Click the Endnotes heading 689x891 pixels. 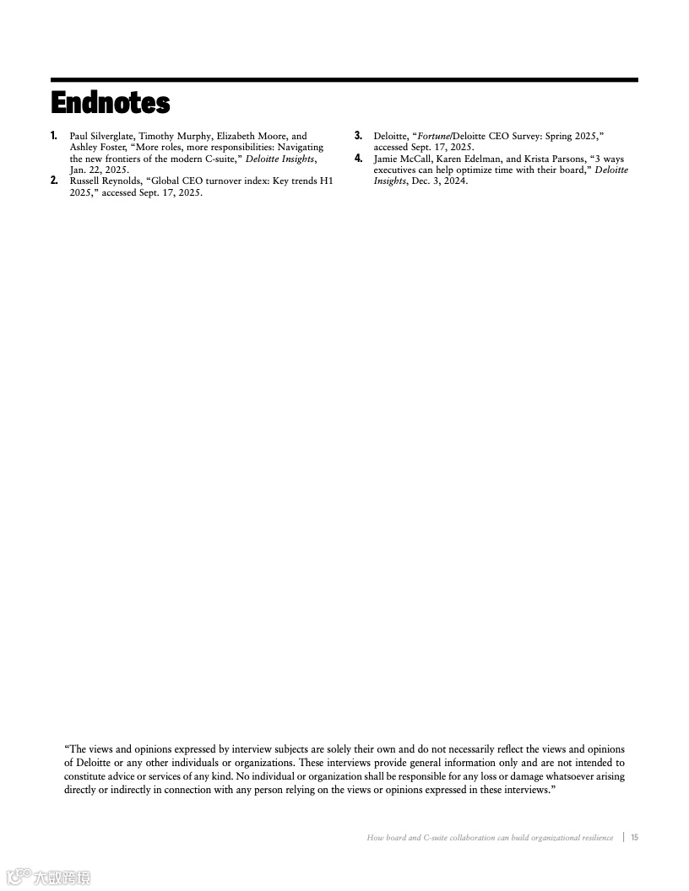tap(111, 103)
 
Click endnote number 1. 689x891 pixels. tap(54, 136)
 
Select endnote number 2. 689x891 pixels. tap(54, 181)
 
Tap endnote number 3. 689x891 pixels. tap(358, 136)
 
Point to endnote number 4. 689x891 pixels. tap(358, 159)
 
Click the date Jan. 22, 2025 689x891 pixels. tap(100, 170)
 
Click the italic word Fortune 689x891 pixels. tap(433, 136)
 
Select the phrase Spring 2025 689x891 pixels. tap(572, 136)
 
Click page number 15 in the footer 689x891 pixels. tap(634, 838)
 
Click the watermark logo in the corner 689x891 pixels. tap(19, 877)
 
